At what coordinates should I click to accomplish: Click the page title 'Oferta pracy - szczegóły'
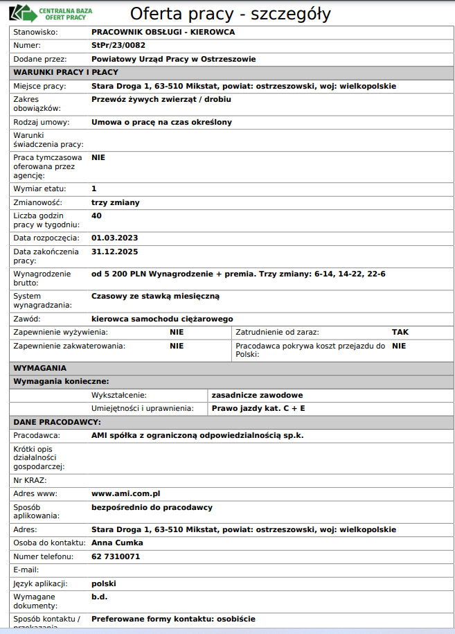[230, 14]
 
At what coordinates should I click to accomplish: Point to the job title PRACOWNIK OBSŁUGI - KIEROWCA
[163, 33]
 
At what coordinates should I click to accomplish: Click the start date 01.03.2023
[114, 238]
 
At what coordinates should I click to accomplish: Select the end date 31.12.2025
[114, 252]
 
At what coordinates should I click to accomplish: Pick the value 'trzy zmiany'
[115, 202]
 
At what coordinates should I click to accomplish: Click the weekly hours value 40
[96, 215]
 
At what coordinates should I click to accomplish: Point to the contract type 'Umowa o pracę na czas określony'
[161, 122]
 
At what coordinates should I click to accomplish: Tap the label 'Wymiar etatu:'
[40, 188]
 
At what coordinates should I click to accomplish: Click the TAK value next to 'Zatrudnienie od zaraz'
[400, 332]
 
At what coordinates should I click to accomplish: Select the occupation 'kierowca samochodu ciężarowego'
[162, 319]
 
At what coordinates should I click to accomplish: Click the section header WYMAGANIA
[40, 368]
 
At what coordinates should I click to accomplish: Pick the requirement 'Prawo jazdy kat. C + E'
[258, 408]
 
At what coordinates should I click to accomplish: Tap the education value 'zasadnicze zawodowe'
[257, 395]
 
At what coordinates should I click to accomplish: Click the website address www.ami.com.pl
[126, 493]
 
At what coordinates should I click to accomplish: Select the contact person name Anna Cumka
[117, 543]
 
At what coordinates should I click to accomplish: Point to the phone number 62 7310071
[116, 556]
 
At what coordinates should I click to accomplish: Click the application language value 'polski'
[104, 583]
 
